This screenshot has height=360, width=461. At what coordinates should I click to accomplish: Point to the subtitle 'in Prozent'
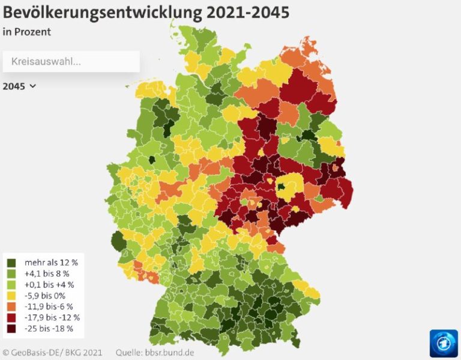pyautogui.click(x=27, y=32)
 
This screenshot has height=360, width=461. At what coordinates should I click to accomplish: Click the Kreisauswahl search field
pyautogui.click(x=71, y=61)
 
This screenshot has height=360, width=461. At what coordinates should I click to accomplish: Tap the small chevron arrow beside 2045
pyautogui.click(x=33, y=86)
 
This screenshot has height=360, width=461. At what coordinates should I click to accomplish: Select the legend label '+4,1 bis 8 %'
pyautogui.click(x=47, y=273)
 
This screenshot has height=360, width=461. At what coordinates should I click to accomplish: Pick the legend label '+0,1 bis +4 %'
pyautogui.click(x=49, y=284)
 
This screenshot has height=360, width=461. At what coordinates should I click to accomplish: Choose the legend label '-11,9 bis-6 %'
pyautogui.click(x=49, y=306)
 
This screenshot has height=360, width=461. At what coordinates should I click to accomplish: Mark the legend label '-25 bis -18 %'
pyautogui.click(x=49, y=328)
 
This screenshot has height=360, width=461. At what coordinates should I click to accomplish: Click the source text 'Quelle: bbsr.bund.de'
pyautogui.click(x=156, y=352)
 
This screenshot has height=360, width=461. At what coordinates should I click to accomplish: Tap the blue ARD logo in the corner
pyautogui.click(x=444, y=343)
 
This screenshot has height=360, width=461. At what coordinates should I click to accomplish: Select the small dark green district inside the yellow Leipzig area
pyautogui.click(x=282, y=187)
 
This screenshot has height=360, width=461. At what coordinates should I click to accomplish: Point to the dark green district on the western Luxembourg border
pyautogui.click(x=118, y=242)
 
